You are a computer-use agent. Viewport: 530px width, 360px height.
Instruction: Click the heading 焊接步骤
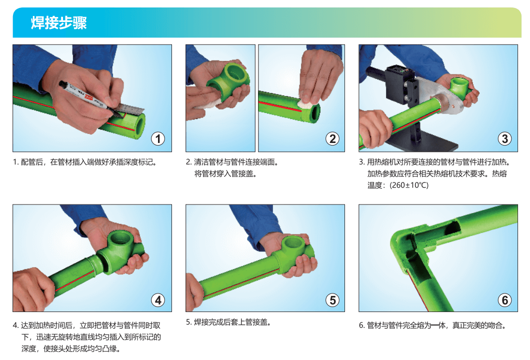point(59,22)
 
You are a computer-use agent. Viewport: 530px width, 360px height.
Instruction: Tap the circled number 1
point(158,139)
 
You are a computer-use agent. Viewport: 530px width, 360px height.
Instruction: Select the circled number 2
point(332,139)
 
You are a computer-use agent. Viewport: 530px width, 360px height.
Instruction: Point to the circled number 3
point(504,139)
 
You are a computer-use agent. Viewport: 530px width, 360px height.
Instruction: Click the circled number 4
point(158,300)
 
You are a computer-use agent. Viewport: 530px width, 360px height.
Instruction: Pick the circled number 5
point(332,300)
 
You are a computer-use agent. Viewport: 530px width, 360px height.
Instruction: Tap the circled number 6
point(504,300)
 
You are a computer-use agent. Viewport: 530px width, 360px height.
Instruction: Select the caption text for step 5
point(228,322)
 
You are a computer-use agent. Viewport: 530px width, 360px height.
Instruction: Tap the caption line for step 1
point(85,162)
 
